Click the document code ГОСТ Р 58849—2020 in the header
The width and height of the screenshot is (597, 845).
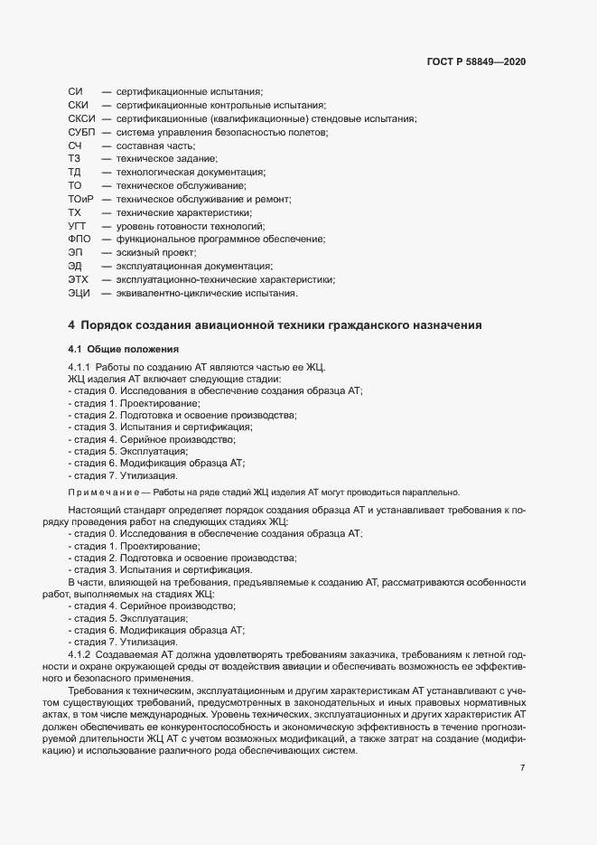point(476,62)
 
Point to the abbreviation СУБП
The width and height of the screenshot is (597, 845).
point(82,133)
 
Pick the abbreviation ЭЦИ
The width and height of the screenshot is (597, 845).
point(79,294)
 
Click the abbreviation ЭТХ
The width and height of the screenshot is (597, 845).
point(79,280)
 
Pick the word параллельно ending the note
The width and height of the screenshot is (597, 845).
point(432,493)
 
